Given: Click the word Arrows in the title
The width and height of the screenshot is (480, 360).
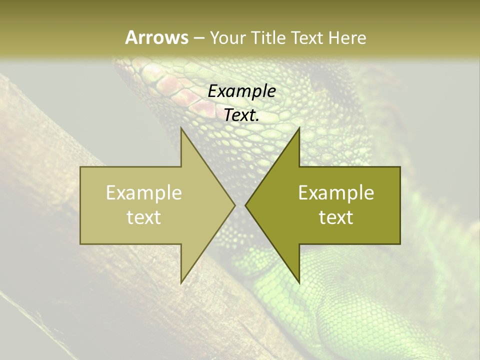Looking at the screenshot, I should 156,37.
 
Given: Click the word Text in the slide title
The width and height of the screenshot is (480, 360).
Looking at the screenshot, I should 308,37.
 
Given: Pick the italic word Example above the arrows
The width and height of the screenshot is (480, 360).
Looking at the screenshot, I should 241,91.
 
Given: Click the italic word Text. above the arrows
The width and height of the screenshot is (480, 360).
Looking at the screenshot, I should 241,115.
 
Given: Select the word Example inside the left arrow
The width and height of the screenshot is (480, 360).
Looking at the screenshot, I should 144,193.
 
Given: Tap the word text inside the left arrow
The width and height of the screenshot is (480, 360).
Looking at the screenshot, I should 144,217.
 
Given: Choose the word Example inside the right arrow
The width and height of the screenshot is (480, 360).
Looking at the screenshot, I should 336,193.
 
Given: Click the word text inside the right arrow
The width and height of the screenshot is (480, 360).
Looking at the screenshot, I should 336,217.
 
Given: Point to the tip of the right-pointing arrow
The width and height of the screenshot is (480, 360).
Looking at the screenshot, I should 235,205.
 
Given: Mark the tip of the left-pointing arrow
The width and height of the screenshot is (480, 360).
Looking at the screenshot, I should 245,205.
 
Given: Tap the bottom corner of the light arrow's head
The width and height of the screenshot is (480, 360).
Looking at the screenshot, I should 181,283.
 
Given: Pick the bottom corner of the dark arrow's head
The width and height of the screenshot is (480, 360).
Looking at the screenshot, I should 299,283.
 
